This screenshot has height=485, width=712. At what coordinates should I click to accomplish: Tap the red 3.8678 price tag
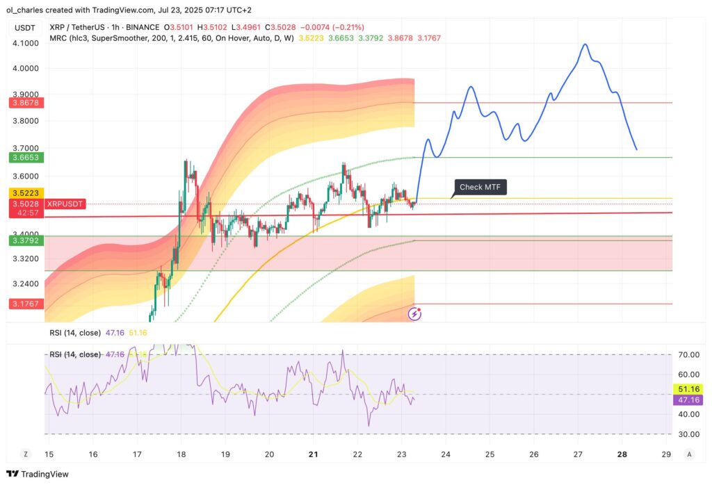coord(25,102)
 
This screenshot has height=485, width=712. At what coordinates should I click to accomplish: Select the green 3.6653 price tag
coord(25,158)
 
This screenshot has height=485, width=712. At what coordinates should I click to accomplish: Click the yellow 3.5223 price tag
coord(25,192)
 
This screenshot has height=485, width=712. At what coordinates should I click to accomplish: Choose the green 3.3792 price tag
coord(25,240)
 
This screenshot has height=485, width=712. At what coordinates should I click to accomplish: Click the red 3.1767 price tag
coord(25,304)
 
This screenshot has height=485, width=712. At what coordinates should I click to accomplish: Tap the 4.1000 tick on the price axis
coord(25,43)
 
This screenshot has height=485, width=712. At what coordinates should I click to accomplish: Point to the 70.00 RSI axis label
coord(689,355)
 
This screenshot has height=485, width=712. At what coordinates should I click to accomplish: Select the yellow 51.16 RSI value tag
coord(689,388)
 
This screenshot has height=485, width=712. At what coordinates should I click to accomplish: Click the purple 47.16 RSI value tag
coord(689,400)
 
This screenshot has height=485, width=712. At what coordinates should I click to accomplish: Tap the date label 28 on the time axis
coord(622,454)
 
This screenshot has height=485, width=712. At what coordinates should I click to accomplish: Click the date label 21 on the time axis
coord(313,454)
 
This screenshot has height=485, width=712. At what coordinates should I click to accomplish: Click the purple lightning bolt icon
coord(414,313)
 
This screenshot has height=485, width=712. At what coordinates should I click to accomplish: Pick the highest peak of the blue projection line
coord(585,44)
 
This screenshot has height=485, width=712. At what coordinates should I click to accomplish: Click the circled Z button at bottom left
coord(26,454)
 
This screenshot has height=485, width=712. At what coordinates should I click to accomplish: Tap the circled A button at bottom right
coord(689,454)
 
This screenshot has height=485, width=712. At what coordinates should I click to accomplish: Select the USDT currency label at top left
coord(25,27)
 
